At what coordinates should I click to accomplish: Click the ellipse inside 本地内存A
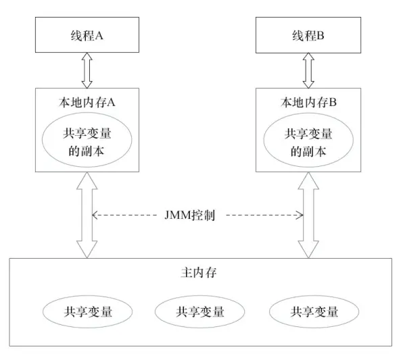click(87, 143)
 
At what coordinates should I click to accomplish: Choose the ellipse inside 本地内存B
click(308, 143)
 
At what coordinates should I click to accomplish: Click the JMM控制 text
click(195, 215)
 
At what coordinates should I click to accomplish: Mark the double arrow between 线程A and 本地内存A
click(87, 72)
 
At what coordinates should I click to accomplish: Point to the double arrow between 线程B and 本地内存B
click(308, 72)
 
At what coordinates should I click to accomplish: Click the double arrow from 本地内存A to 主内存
click(87, 215)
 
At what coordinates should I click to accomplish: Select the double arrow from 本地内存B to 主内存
click(308, 215)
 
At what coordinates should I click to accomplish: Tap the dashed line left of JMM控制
click(128, 215)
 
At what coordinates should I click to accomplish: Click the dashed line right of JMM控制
click(264, 215)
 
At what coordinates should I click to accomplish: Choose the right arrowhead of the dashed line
click(300, 215)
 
